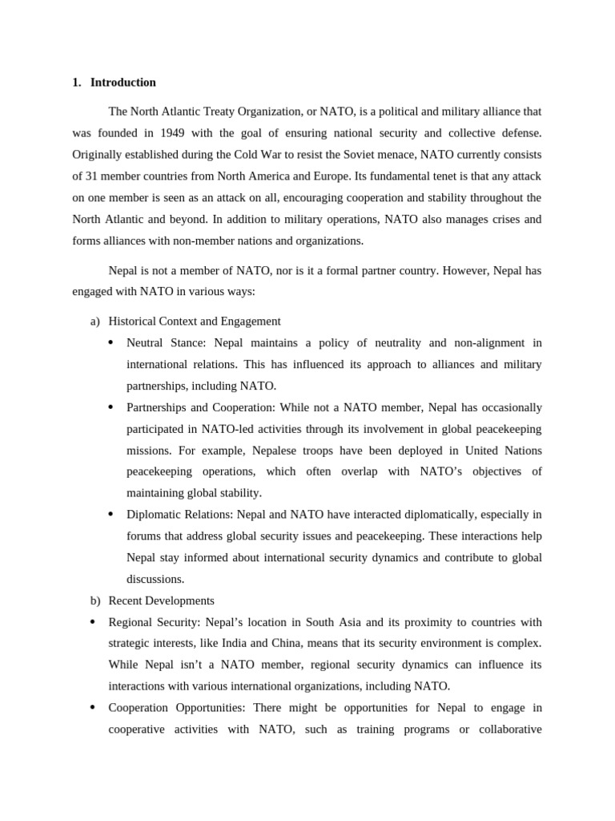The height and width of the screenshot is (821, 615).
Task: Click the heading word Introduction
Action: [x=123, y=83]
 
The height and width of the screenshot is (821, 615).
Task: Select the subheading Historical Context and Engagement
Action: [x=194, y=322]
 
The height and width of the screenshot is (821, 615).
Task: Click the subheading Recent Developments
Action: [x=161, y=601]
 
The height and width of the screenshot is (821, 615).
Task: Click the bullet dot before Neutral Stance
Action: [x=111, y=343]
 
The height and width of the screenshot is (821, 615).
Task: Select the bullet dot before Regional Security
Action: [x=92, y=622]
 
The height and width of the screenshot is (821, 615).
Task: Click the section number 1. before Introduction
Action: [x=76, y=83]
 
